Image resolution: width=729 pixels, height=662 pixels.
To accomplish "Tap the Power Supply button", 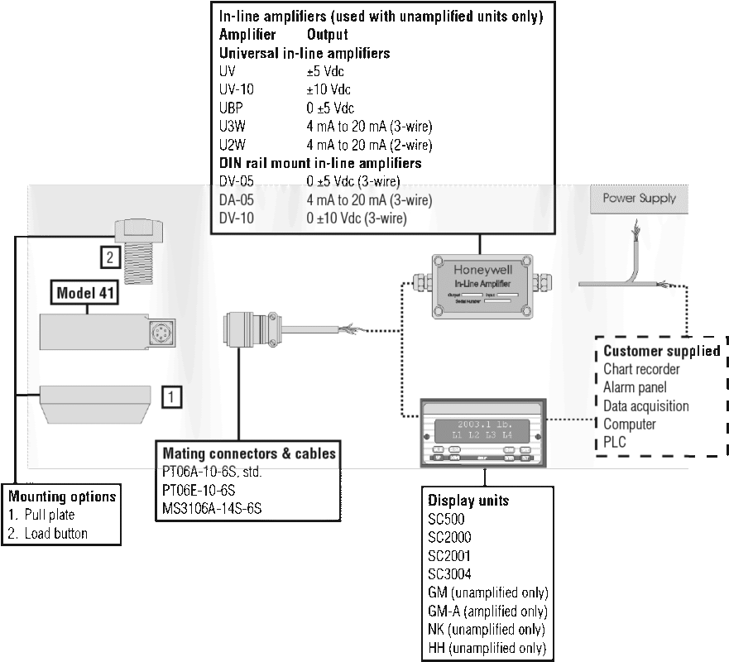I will (x=639, y=199).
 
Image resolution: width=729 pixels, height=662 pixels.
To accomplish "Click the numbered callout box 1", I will (x=170, y=397).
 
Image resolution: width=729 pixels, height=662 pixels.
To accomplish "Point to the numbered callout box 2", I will (x=110, y=257).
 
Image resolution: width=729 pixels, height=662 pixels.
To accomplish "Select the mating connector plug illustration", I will (x=248, y=328).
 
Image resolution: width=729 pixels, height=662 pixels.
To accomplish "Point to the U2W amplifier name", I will (x=234, y=145).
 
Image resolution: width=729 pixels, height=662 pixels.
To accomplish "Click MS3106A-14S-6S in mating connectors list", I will (x=212, y=508).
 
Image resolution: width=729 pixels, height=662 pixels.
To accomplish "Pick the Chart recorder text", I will (x=641, y=370).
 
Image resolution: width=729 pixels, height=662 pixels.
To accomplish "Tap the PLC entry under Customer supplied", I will (x=615, y=443).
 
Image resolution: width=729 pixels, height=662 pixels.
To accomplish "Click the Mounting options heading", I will (x=62, y=496).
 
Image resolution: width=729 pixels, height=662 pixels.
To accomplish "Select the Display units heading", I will (x=468, y=501).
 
